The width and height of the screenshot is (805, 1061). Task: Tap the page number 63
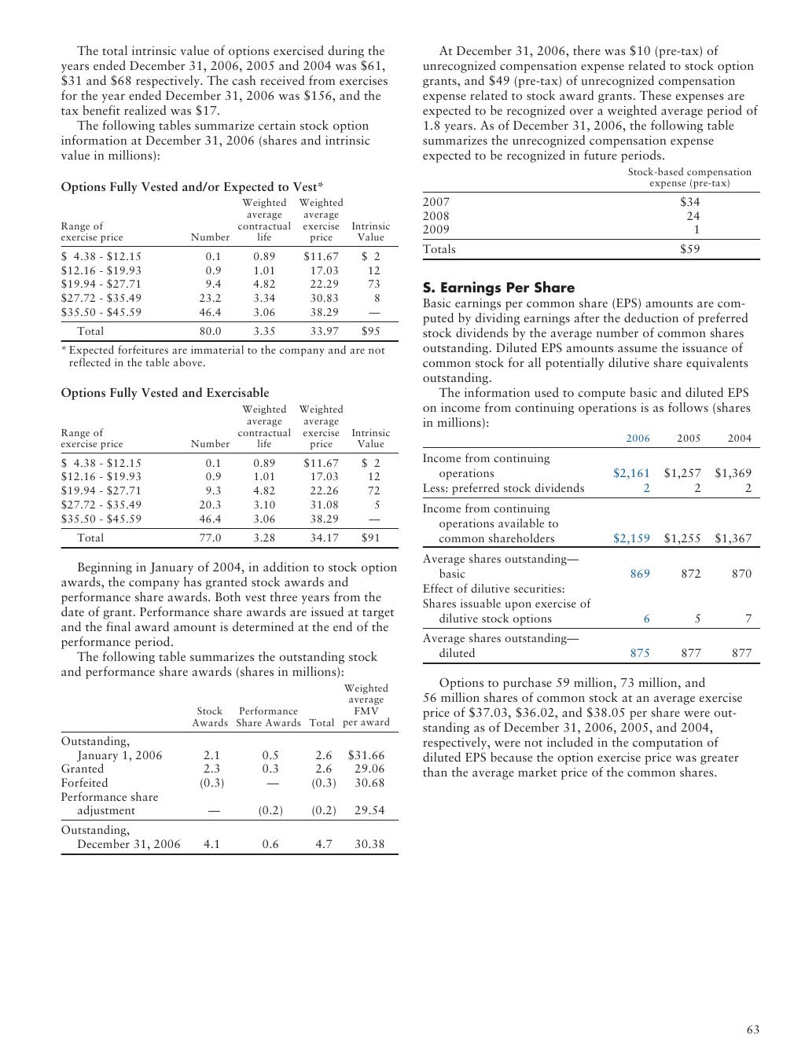point(753,1030)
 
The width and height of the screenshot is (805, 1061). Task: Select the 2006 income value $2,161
point(631,473)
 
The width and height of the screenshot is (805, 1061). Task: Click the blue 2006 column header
point(638,438)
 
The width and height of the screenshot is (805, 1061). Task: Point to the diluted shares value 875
point(640,652)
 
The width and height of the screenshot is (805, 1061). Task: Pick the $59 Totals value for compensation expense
point(689,249)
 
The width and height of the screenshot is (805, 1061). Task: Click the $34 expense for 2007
point(689,202)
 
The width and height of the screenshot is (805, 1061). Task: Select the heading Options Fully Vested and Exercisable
point(165,393)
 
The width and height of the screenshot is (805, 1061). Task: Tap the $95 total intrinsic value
point(370,331)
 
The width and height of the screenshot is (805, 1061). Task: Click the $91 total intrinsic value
point(370,538)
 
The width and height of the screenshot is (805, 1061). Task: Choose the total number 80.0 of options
point(210,331)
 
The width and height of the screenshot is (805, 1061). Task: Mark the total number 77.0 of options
point(210,538)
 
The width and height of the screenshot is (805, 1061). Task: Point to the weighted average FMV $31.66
point(366,755)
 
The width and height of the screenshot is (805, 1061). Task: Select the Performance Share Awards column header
point(268,717)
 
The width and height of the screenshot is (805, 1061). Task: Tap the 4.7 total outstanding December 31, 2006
point(323,844)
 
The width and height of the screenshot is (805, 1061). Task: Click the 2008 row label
point(436,216)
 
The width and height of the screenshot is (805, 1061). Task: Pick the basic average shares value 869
point(640,574)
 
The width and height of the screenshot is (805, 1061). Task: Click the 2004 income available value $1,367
point(733,538)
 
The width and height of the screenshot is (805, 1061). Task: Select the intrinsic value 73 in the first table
point(373,284)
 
